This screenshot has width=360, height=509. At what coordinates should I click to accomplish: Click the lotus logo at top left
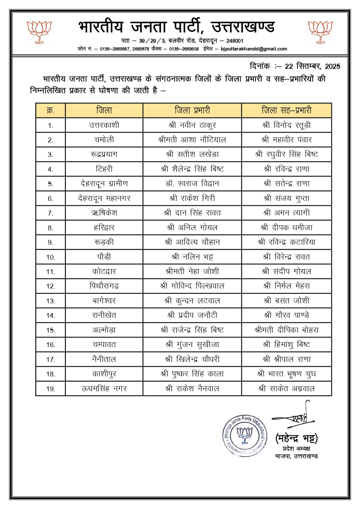coord(39,32)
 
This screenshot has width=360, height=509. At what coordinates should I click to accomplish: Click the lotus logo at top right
coord(320,32)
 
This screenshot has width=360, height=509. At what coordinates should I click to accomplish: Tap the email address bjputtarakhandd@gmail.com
coord(254,49)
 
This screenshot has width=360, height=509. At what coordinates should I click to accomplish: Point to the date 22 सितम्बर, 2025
coord(313,66)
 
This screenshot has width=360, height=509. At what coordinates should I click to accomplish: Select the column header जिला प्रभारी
coord(192,110)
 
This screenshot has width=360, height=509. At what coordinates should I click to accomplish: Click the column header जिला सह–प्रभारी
coord(286,110)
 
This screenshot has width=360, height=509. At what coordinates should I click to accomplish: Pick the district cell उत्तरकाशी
coord(104,125)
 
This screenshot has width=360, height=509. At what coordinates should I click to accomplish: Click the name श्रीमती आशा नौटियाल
coord(192,140)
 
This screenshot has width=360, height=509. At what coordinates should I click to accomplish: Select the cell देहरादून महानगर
coord(104,198)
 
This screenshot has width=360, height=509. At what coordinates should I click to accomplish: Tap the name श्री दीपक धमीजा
coord(286,227)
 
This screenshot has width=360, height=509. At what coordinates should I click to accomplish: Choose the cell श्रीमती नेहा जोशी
coord(192,271)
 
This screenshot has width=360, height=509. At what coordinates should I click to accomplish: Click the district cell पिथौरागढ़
coord(104,286)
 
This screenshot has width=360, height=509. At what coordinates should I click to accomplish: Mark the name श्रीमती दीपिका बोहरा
coord(286,330)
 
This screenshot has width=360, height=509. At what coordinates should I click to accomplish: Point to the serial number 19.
coord(51,389)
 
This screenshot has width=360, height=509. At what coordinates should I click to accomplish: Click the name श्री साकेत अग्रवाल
coord(286,388)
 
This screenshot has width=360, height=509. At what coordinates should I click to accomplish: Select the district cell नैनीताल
coord(104,359)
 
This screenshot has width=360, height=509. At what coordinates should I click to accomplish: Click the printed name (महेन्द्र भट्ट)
coord(296,438)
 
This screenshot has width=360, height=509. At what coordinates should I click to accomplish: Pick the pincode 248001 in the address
coord(235,41)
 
